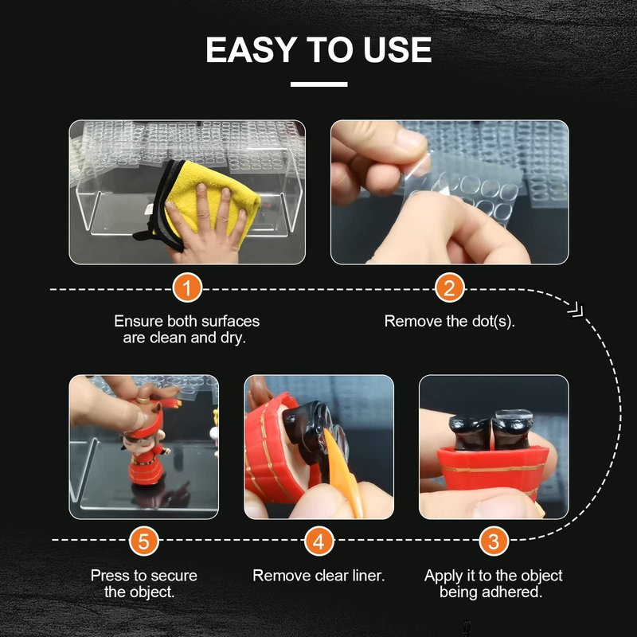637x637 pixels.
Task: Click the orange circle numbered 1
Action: point(187,288)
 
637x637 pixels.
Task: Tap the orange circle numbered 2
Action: point(449,288)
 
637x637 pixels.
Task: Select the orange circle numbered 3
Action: point(494,541)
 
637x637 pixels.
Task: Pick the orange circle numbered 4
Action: point(319,541)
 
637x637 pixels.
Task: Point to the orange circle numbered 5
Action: point(144,541)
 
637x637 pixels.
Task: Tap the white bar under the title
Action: point(319,84)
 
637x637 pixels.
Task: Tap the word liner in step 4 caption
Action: point(367,575)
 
